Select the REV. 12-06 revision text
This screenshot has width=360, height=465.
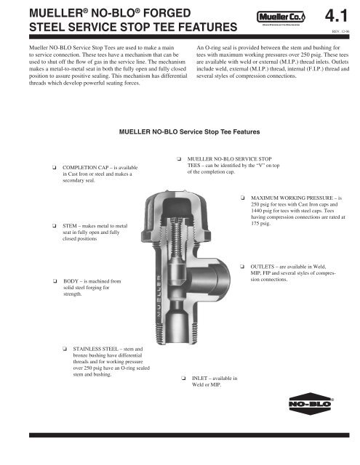[340, 31]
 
